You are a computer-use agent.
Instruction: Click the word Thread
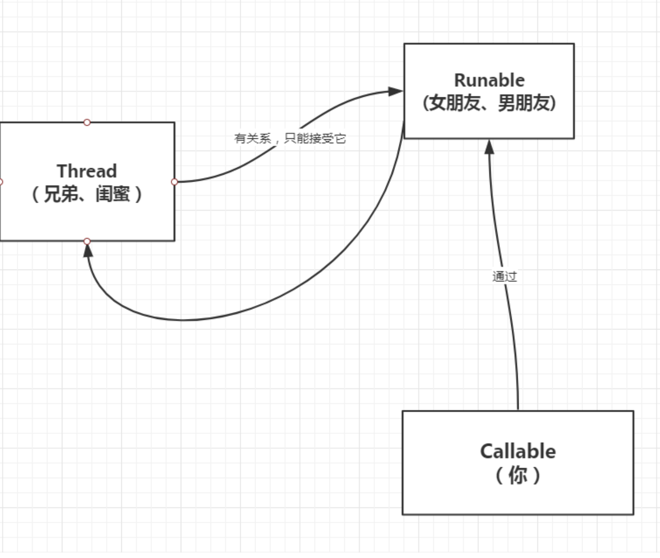click(87, 171)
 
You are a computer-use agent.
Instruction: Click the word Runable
click(489, 80)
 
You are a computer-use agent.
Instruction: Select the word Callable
click(518, 451)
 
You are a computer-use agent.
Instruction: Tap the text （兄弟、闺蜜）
click(87, 194)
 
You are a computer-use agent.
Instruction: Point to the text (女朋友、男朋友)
click(489, 103)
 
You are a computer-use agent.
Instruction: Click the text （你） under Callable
click(518, 475)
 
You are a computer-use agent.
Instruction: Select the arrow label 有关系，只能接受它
click(290, 139)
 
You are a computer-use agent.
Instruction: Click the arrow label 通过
click(504, 277)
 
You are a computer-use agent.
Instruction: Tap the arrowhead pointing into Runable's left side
click(395, 91)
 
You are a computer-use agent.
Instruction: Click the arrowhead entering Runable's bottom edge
click(489, 147)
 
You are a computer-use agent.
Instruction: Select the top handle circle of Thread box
click(87, 122)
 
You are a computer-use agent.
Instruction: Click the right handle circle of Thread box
click(174, 182)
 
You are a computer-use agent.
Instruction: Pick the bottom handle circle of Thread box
click(87, 242)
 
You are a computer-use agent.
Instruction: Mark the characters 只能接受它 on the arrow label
click(315, 139)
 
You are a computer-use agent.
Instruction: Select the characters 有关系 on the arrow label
click(253, 139)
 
